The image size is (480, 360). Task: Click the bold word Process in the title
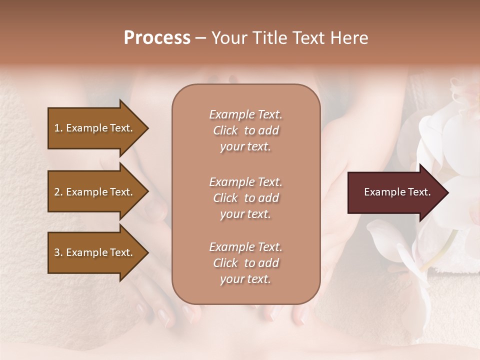[x=157, y=38]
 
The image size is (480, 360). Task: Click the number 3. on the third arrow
[x=58, y=253]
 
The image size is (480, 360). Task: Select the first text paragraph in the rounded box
[x=245, y=130]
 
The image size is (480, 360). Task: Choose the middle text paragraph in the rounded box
[x=245, y=198]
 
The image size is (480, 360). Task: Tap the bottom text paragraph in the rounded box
[x=245, y=263]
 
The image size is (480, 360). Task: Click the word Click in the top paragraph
[x=225, y=131]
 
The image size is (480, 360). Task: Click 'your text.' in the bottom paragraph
[x=245, y=279]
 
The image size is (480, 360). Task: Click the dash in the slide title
[x=200, y=38]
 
